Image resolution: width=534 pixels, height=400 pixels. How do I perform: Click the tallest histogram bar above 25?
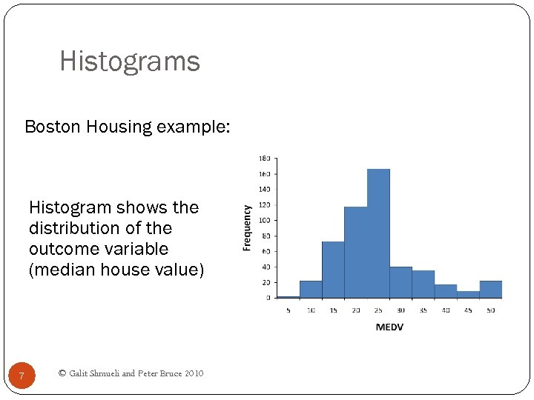coord(378,233)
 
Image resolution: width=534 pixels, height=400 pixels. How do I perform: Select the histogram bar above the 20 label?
coord(356,252)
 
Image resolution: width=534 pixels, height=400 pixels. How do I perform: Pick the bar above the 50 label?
coord(490,289)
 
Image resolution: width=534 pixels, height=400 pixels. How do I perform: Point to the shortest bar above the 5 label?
coord(288,296)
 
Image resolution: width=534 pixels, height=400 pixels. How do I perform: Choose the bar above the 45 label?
coord(468,294)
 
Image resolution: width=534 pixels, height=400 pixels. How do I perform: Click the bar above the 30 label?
coord(400,282)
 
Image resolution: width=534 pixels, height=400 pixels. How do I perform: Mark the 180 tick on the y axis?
coord(265,159)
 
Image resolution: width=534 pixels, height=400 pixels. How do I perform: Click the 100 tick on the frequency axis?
coord(265,220)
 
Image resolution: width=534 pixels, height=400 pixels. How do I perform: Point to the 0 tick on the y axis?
coord(268,298)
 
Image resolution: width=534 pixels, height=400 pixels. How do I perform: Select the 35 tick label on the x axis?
coord(423,310)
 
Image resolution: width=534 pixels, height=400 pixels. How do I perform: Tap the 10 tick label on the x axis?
coord(311,310)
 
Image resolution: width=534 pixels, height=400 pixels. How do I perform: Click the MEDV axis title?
coord(389,327)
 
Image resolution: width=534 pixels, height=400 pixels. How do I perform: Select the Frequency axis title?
coord(248,227)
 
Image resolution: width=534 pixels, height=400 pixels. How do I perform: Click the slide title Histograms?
coord(130,61)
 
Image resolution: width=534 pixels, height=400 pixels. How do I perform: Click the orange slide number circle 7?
coord(22,376)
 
